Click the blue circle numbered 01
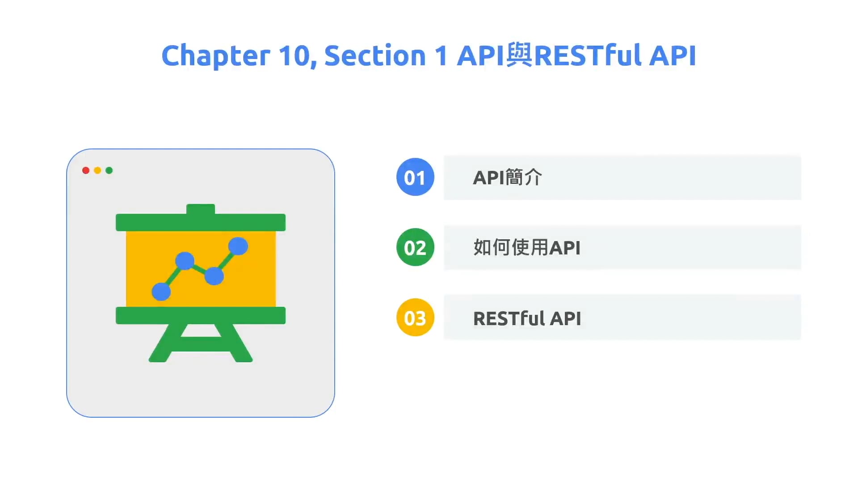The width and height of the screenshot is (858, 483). pyautogui.click(x=415, y=177)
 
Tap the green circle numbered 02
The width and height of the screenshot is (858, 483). pyautogui.click(x=415, y=247)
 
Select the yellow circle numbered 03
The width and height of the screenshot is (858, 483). pyautogui.click(x=415, y=318)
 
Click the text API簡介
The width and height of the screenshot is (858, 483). pyautogui.click(x=507, y=178)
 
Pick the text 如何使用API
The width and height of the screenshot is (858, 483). pyautogui.click(x=527, y=247)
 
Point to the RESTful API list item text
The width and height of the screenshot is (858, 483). pyautogui.click(x=527, y=318)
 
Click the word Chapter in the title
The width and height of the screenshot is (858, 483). pyautogui.click(x=216, y=56)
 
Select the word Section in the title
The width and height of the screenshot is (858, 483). pyautogui.click(x=375, y=56)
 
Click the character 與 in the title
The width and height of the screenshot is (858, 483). pyautogui.click(x=519, y=55)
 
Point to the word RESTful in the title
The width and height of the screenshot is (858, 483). pyautogui.click(x=588, y=56)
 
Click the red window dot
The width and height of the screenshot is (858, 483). pyautogui.click(x=86, y=170)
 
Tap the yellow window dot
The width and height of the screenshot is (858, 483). pyautogui.click(x=97, y=170)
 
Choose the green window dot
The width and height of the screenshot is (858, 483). pyautogui.click(x=109, y=170)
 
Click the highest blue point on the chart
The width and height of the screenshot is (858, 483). pyautogui.click(x=238, y=246)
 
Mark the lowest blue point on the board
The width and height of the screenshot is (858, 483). pyautogui.click(x=161, y=292)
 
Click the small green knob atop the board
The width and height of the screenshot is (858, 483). pyautogui.click(x=201, y=209)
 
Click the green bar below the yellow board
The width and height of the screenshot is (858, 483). pyautogui.click(x=201, y=315)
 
